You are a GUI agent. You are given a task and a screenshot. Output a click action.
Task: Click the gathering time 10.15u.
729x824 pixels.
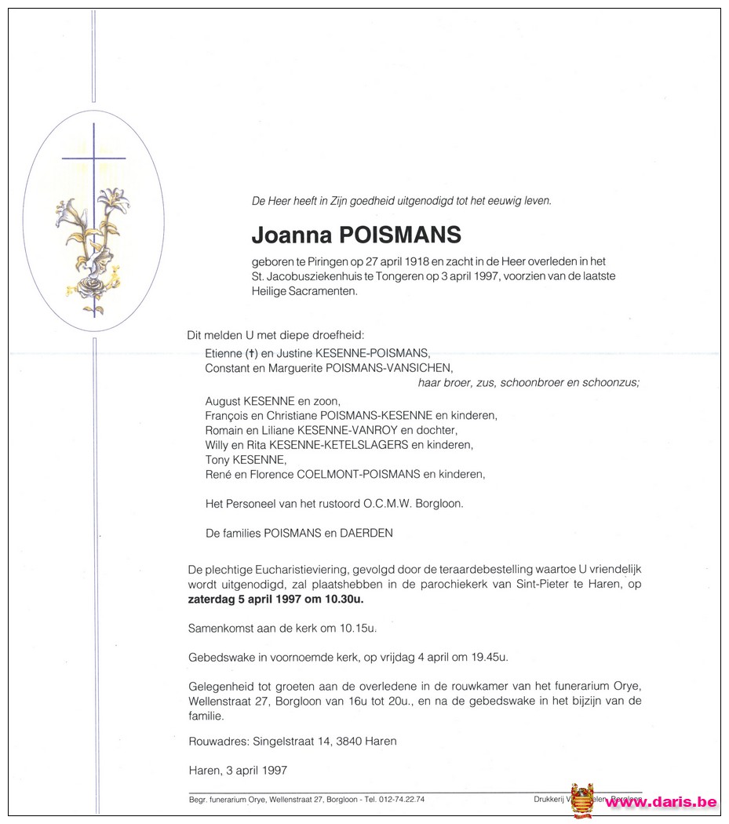(x=337, y=629)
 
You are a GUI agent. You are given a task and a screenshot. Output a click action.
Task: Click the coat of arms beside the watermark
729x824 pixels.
(x=582, y=801)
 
